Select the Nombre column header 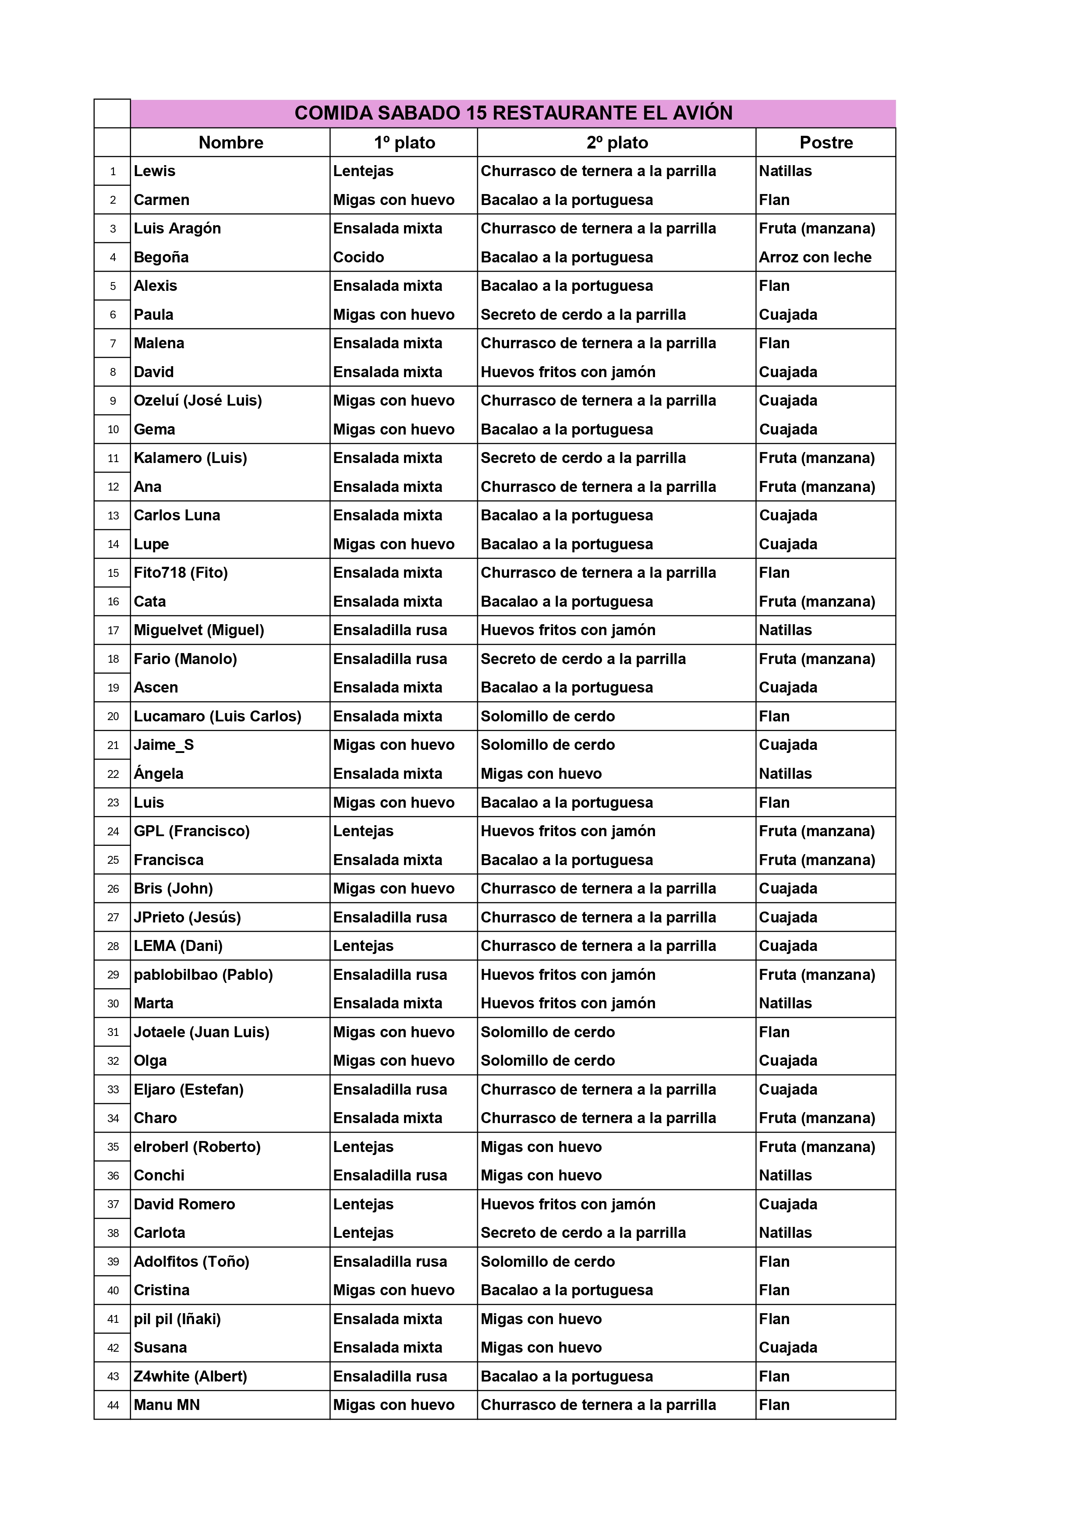point(230,143)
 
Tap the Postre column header point(826,143)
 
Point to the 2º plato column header point(617,143)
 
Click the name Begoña point(161,257)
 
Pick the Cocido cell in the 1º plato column point(358,257)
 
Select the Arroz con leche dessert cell point(815,257)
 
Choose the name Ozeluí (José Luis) point(198,400)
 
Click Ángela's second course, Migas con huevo point(541,774)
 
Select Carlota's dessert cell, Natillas point(785,1233)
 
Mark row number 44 point(113,1405)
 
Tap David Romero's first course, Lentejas point(363,1204)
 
